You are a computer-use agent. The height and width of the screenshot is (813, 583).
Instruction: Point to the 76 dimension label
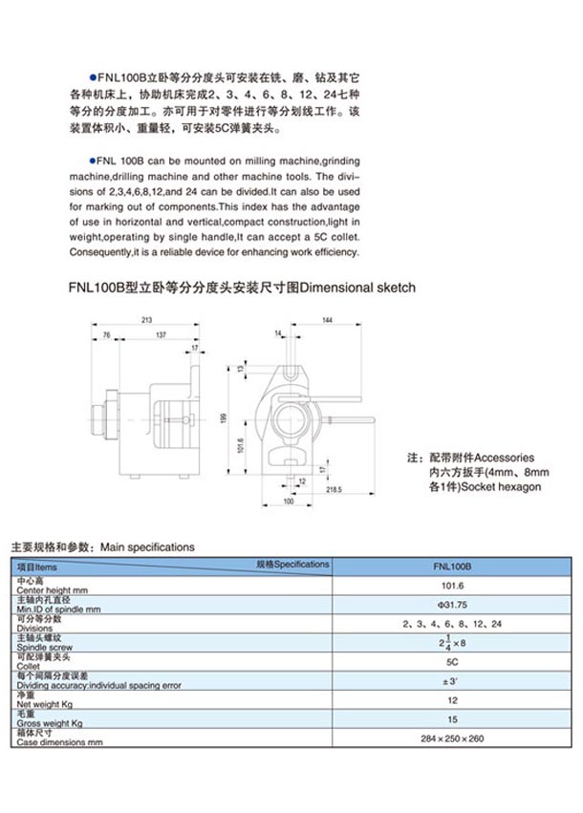(106, 335)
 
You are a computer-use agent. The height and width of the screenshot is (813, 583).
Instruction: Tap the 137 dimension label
(161, 335)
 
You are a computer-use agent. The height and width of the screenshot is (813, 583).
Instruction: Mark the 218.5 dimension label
(334, 490)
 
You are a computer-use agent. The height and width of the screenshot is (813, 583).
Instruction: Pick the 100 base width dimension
(288, 501)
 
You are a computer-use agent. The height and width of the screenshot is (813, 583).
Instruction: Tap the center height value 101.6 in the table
(452, 586)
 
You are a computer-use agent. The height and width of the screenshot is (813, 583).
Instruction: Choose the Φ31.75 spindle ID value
(452, 605)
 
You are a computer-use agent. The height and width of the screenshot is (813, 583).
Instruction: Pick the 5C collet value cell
(452, 662)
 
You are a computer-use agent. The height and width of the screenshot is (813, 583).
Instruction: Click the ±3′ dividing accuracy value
(452, 681)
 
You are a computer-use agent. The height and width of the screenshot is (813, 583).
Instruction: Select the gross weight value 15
(452, 719)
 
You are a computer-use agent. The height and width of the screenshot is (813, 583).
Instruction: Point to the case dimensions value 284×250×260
(452, 739)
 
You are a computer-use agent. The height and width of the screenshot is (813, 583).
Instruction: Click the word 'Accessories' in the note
(505, 458)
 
